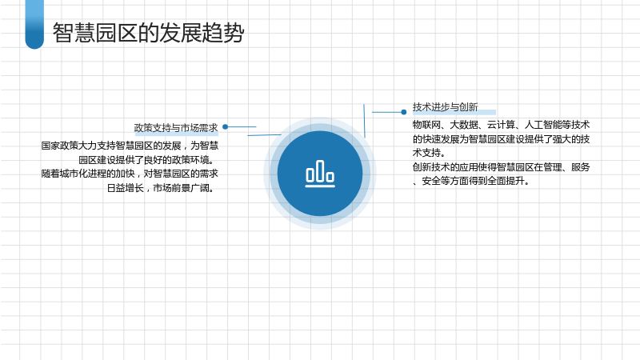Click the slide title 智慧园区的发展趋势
pyautogui.click(x=149, y=33)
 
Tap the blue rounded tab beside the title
pyautogui.click(x=34, y=24)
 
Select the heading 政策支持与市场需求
pyautogui.click(x=176, y=128)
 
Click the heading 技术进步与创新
pyautogui.click(x=445, y=107)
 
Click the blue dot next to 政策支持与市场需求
pyautogui.click(x=225, y=127)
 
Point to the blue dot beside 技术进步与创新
pyautogui.click(x=404, y=112)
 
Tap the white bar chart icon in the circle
pyautogui.click(x=320, y=174)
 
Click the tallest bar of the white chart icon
pyautogui.click(x=320, y=170)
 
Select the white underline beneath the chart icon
pyautogui.click(x=320, y=186)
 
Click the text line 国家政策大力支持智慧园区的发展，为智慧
pyautogui.click(x=130, y=146)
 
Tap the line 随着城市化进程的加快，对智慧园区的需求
pyautogui.click(x=130, y=174)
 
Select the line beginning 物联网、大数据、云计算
pyautogui.click(x=501, y=125)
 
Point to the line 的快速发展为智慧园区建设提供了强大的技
pyautogui.click(x=501, y=138)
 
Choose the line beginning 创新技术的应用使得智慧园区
pyautogui.click(x=501, y=167)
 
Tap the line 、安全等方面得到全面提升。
pyautogui.click(x=471, y=181)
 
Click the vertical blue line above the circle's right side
pyautogui.click(x=364, y=121)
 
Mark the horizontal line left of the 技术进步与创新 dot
pyautogui.click(x=386, y=112)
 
